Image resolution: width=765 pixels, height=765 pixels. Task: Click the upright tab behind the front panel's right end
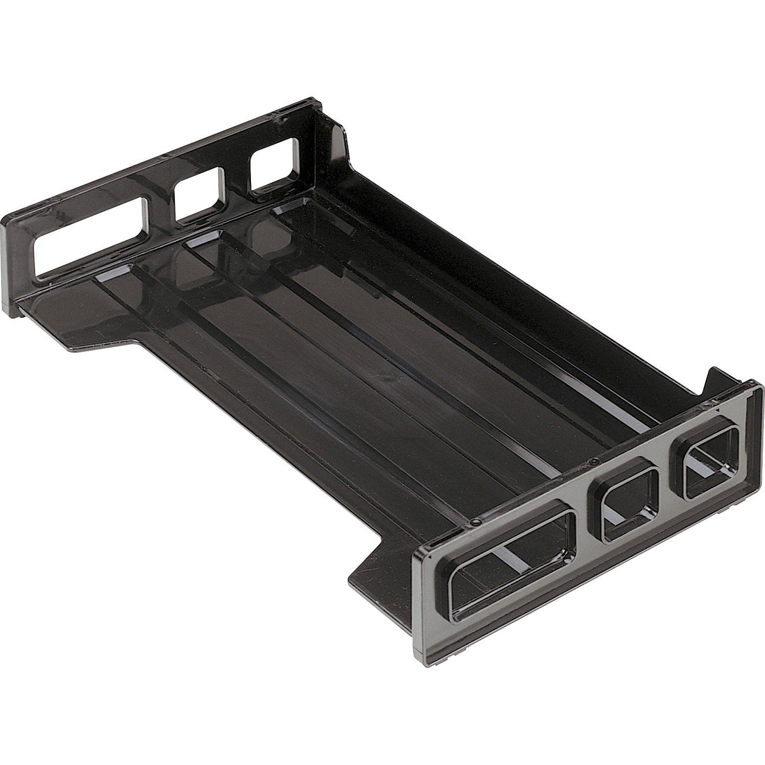point(712,381)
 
